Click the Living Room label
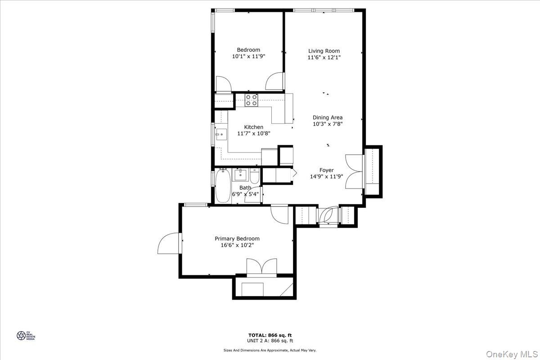pyautogui.click(x=324, y=51)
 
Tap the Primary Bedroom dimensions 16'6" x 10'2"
pyautogui.click(x=237, y=245)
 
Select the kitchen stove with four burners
pyautogui.click(x=252, y=99)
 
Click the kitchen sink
pyautogui.click(x=220, y=134)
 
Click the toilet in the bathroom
pyautogui.click(x=255, y=176)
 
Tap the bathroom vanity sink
pyautogui.click(x=240, y=174)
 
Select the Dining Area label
pyautogui.click(x=328, y=117)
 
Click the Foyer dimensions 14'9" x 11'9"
pyautogui.click(x=326, y=177)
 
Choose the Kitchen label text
pyautogui.click(x=253, y=127)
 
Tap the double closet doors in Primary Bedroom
pyautogui.click(x=261, y=266)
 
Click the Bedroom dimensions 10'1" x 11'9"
pyautogui.click(x=248, y=57)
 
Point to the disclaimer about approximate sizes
pyautogui.click(x=270, y=350)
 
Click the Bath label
pyautogui.click(x=245, y=188)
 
